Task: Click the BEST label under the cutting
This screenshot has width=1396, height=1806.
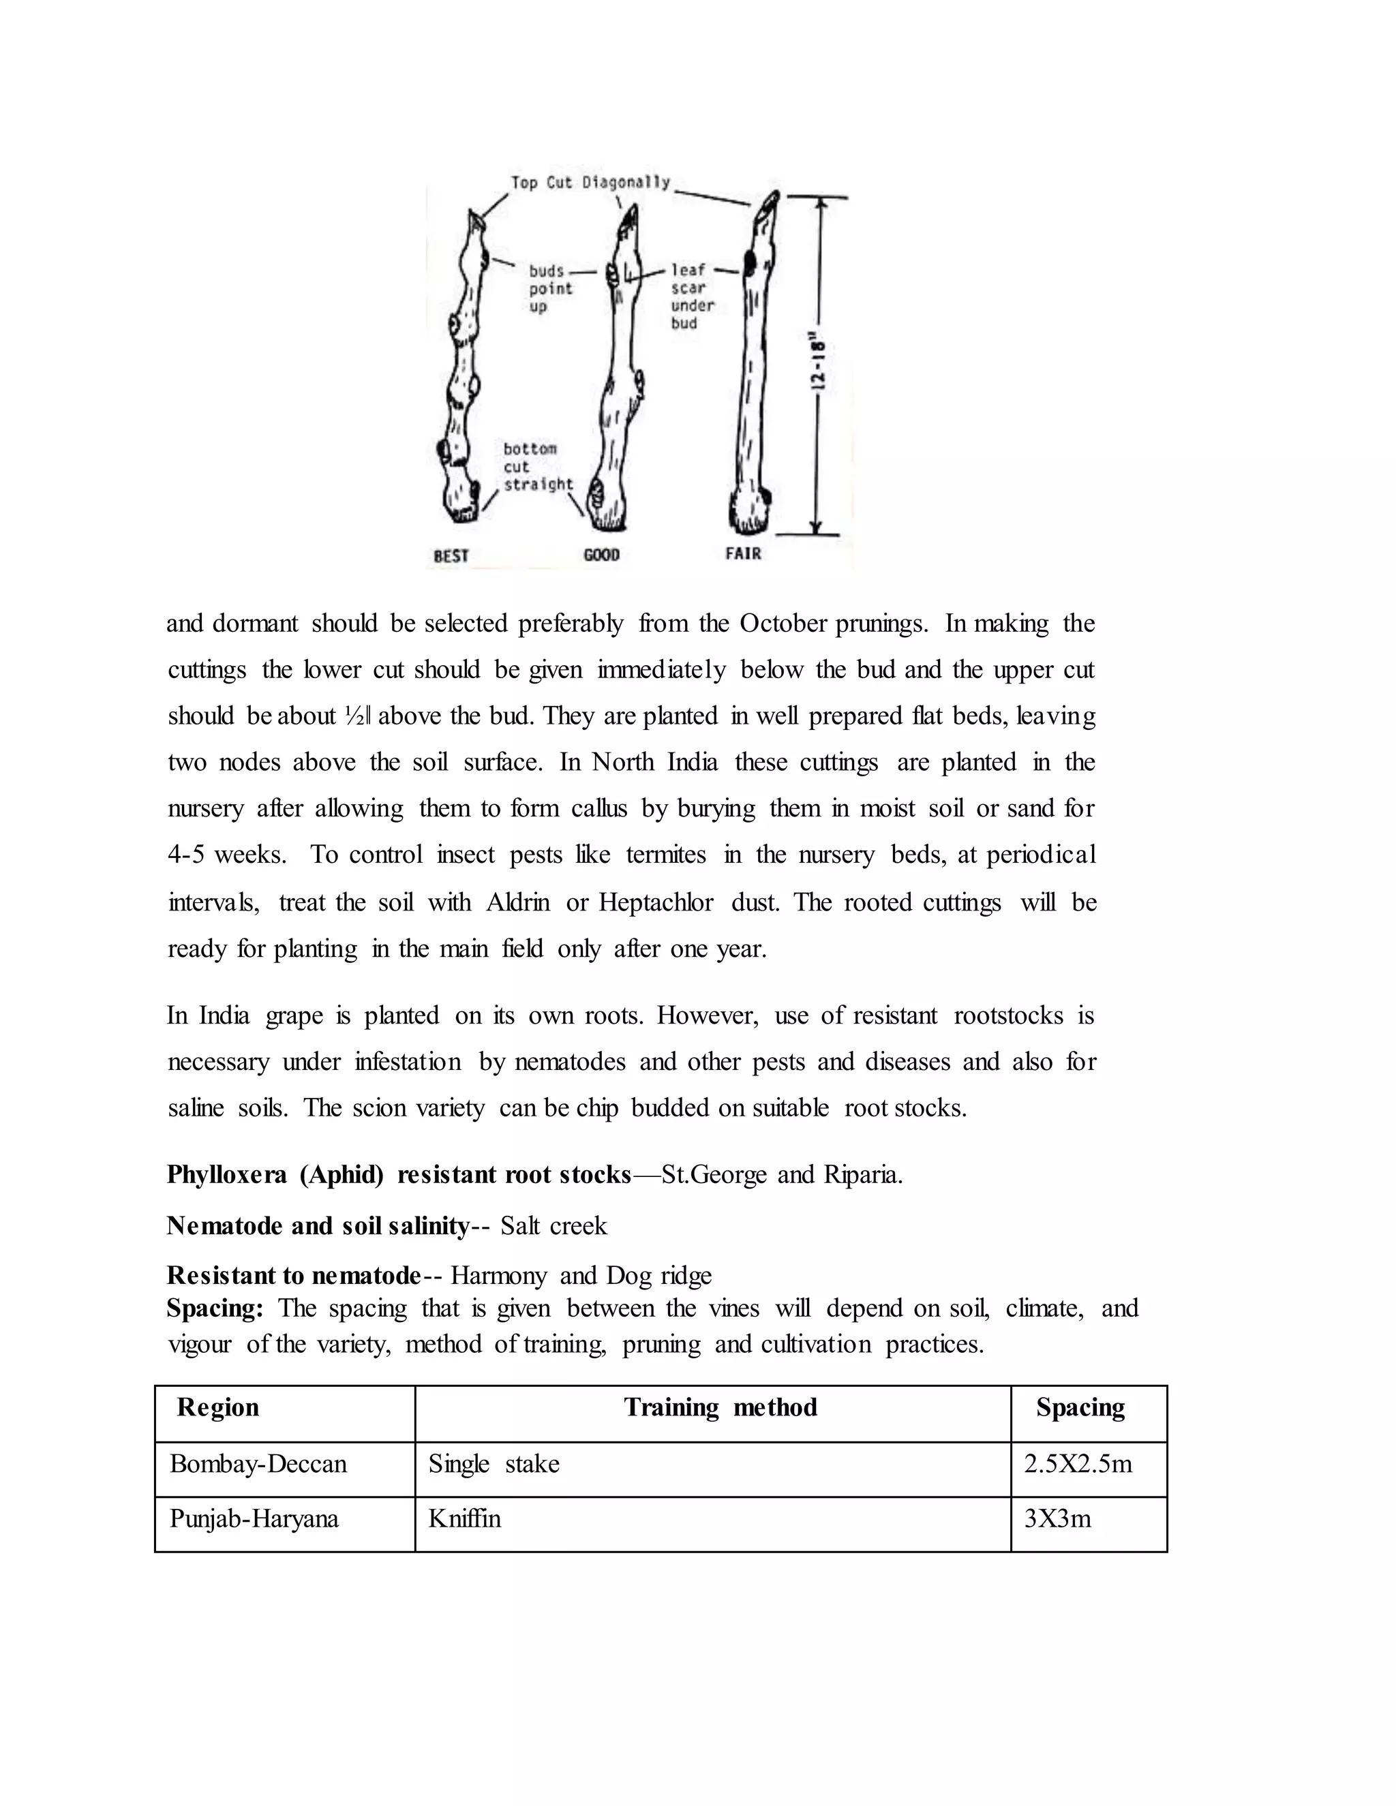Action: coord(451,555)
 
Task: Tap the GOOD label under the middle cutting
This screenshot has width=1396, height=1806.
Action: coord(601,555)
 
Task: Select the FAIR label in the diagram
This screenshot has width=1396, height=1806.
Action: coord(743,553)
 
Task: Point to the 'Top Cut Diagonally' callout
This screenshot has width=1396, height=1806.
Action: coord(590,183)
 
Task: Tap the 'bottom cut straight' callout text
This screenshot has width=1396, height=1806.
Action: coord(538,466)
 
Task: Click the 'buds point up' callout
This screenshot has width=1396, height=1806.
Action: coord(550,288)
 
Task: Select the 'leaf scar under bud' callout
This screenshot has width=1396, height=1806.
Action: coord(691,296)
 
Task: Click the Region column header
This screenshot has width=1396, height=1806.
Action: coord(217,1407)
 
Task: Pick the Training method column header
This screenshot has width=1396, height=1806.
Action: coord(720,1407)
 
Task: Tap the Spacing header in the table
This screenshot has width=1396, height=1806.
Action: coord(1080,1407)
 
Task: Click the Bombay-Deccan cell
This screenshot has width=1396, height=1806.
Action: coord(258,1465)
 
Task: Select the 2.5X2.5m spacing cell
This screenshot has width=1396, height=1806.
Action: coord(1078,1465)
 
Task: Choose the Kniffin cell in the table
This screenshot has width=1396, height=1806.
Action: coord(465,1519)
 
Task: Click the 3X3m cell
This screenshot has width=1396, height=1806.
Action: coord(1058,1519)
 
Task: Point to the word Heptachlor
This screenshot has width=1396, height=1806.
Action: coord(656,902)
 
